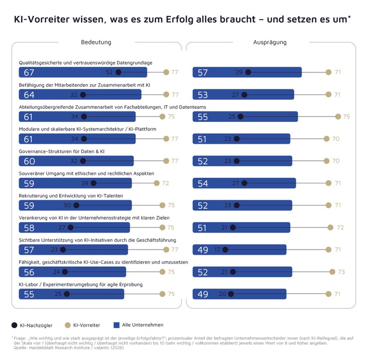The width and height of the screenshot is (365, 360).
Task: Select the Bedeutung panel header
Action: click(x=96, y=42)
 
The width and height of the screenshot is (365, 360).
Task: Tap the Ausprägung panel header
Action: click(x=269, y=42)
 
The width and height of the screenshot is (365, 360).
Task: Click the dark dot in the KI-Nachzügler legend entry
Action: click(x=14, y=325)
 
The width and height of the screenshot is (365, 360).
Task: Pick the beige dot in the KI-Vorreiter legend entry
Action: click(x=67, y=325)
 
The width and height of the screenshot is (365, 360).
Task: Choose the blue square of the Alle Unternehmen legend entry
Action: click(x=116, y=325)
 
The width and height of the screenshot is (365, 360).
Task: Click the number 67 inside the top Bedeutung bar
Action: click(x=29, y=72)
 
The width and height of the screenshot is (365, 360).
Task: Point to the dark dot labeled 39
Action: click(x=93, y=183)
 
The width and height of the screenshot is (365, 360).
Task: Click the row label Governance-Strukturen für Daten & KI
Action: click(x=61, y=151)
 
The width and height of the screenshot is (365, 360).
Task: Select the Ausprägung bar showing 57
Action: click(x=247, y=72)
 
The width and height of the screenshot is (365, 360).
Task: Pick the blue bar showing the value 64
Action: click(x=80, y=94)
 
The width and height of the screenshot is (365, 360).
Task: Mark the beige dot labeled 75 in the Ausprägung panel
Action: click(x=338, y=117)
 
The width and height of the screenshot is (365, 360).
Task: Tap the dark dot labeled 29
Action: click(x=248, y=72)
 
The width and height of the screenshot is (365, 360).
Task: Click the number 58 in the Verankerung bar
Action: click(x=29, y=228)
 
